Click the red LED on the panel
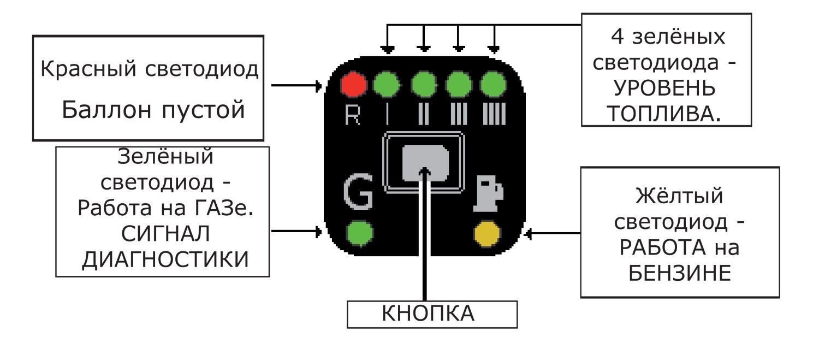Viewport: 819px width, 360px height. click(353, 85)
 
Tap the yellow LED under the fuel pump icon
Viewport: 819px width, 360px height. click(487, 233)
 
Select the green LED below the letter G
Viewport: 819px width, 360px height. click(360, 233)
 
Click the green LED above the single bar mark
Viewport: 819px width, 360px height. click(387, 85)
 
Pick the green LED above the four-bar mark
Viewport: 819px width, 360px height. click(493, 85)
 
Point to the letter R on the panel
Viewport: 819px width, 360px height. click(353, 115)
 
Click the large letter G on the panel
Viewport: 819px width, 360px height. click(358, 192)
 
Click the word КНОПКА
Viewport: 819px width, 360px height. click(428, 314)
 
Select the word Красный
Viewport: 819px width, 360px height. click(88, 69)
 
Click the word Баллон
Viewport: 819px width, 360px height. click(106, 109)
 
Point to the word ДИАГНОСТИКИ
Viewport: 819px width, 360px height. click(165, 259)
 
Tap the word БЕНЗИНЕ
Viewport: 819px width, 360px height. click(680, 273)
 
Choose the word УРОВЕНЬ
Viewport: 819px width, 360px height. click(664, 88)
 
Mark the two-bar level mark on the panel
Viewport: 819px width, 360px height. click(423, 114)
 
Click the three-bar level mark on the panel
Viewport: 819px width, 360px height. click(459, 114)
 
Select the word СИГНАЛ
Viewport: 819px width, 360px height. click(165, 234)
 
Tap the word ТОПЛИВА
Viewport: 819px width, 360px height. click(664, 114)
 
